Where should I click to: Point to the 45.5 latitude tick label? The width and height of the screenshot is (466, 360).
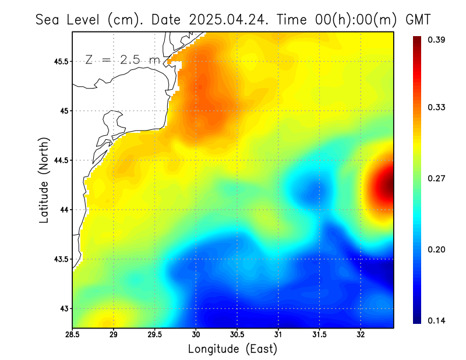pyautogui.click(x=59, y=61)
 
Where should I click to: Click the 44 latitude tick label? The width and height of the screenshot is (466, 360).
pyautogui.click(x=63, y=210)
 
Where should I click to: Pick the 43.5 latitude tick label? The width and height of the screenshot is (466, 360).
pyautogui.click(x=59, y=259)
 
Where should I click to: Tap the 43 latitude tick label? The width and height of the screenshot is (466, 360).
pyautogui.click(x=63, y=308)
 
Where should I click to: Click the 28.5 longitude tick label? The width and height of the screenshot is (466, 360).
pyautogui.click(x=73, y=335)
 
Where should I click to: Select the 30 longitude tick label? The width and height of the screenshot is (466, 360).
pyautogui.click(x=196, y=335)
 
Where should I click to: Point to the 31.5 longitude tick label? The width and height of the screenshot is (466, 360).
pyautogui.click(x=319, y=335)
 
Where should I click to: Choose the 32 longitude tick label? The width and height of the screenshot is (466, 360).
pyautogui.click(x=361, y=335)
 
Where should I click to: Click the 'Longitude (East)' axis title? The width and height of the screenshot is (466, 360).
pyautogui.click(x=232, y=349)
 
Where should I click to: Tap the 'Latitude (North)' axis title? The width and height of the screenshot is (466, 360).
pyautogui.click(x=44, y=179)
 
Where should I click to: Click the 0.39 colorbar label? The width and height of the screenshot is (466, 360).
pyautogui.click(x=437, y=40)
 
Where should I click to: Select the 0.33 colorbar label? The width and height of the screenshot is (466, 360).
pyautogui.click(x=437, y=107)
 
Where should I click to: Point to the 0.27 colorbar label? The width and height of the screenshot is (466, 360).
pyautogui.click(x=437, y=178)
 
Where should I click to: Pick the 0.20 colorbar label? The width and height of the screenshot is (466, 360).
pyautogui.click(x=437, y=249)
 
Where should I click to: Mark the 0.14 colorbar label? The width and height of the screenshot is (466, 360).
pyautogui.click(x=437, y=320)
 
